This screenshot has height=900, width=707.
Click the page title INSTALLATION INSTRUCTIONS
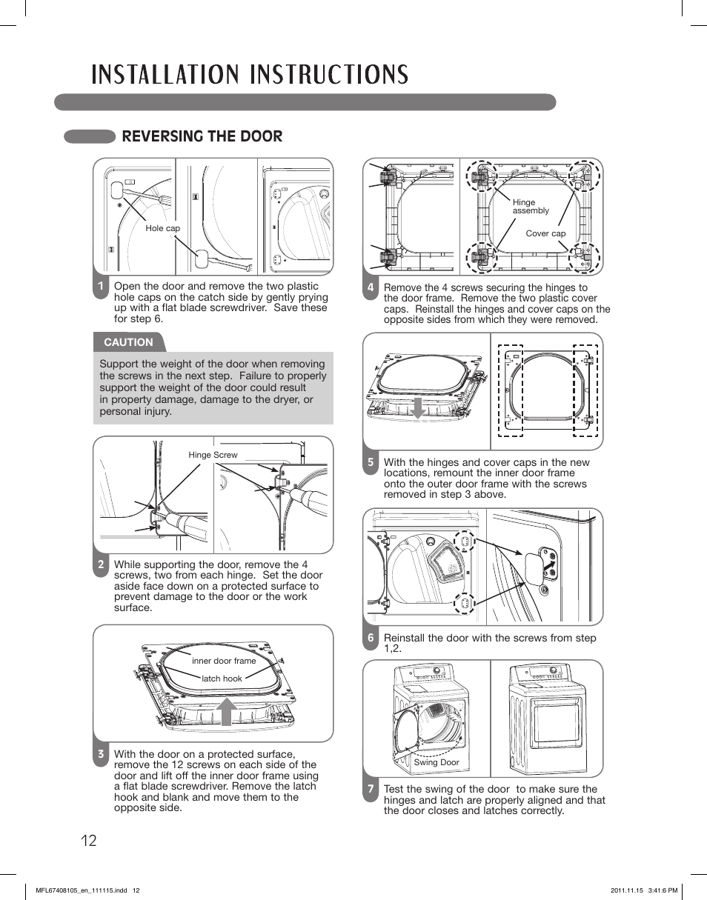(250, 75)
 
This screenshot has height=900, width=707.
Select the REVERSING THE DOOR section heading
(202, 136)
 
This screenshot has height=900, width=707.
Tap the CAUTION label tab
(128, 342)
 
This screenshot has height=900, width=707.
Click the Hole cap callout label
(162, 228)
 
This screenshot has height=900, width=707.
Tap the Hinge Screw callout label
(213, 455)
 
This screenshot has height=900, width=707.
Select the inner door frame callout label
(223, 661)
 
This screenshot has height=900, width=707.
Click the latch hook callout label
(222, 679)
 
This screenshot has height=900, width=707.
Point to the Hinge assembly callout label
(531, 207)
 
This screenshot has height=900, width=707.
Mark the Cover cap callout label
(545, 233)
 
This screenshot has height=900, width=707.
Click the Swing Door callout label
(437, 762)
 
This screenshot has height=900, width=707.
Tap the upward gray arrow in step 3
(227, 712)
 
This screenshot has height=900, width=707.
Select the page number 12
(88, 841)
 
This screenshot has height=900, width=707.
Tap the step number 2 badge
(101, 565)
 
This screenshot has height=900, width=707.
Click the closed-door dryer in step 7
(546, 719)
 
